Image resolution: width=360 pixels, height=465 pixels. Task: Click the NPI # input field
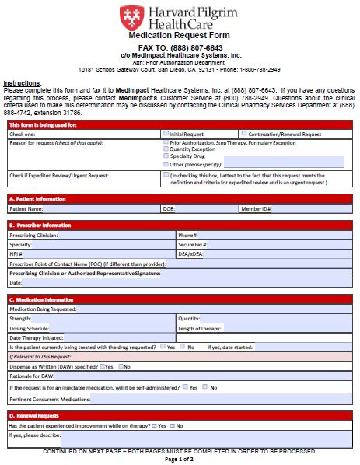(101, 253)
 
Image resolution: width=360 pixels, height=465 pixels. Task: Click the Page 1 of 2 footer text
(180, 459)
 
